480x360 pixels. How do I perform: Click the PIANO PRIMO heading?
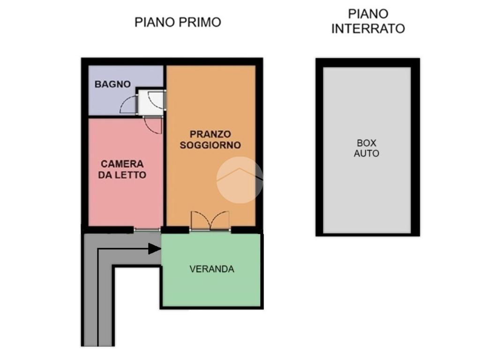[178, 22]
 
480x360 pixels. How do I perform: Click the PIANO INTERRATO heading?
[368, 22]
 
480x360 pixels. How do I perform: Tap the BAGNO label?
[112, 84]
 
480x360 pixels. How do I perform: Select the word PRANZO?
[210, 134]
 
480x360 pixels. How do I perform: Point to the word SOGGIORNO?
[210, 145]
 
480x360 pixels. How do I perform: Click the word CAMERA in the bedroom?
[122, 164]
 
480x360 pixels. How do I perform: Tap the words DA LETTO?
[122, 175]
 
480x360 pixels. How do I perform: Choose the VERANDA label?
[212, 269]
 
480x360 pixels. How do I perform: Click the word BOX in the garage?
[367, 143]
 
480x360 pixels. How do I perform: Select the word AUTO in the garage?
[367, 153]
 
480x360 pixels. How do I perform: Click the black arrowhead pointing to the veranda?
[154, 248]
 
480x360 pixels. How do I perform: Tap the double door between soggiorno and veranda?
[210, 220]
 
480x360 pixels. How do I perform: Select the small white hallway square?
[151, 103]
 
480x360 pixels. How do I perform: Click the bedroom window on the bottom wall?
[147, 230]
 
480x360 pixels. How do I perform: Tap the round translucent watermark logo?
[240, 180]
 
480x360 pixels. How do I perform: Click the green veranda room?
[211, 270]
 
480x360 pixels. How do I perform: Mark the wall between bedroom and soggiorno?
[165, 172]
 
